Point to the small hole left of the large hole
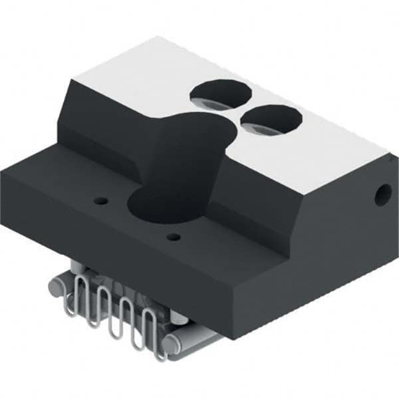tap(100, 200)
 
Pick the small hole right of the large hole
tap(174, 237)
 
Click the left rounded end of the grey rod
tap(59, 287)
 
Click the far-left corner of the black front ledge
tap(3, 170)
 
